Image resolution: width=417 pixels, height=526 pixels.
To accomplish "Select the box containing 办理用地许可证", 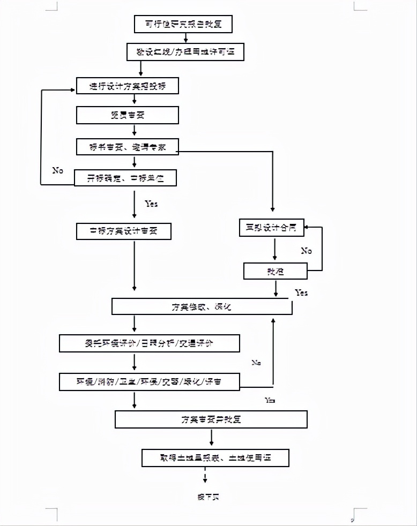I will point(185,52).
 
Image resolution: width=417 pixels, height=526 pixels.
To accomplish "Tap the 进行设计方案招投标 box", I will point(127,86).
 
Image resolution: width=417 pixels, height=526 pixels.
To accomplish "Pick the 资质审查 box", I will point(127,115).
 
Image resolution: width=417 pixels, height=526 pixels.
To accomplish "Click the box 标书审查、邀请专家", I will point(127,147).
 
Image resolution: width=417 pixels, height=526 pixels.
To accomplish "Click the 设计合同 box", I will point(271,228).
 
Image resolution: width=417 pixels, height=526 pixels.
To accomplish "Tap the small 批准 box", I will point(275,271).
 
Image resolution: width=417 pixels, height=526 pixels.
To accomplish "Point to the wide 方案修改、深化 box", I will point(201,307).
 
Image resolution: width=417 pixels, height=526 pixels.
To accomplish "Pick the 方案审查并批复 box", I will point(211,419).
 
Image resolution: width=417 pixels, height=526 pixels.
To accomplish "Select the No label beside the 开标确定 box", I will point(58,170).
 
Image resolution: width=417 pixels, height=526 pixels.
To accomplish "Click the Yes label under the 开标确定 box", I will point(151,204).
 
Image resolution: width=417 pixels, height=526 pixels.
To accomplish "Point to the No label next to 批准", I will point(306,251).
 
